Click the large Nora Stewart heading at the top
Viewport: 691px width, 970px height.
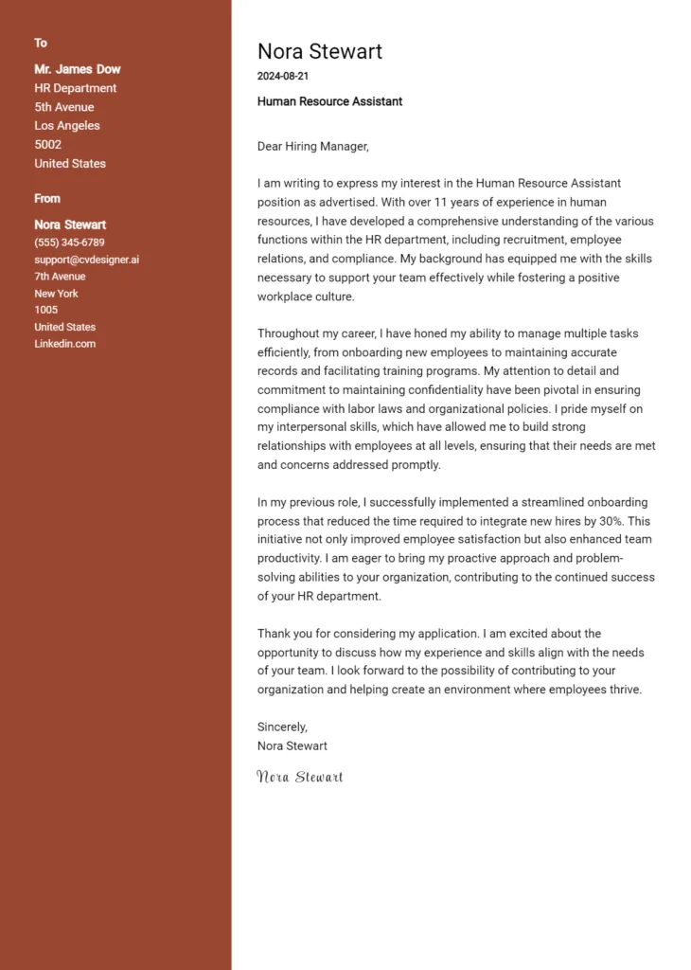click(x=320, y=51)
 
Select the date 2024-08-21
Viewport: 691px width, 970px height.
click(x=283, y=76)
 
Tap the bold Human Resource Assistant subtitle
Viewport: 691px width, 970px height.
click(x=329, y=101)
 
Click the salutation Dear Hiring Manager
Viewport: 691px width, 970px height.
click(x=312, y=146)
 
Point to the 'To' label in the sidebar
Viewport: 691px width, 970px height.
click(x=41, y=43)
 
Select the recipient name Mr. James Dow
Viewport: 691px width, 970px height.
click(x=78, y=69)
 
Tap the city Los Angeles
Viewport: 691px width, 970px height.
click(x=67, y=126)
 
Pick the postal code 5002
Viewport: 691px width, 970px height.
click(x=48, y=145)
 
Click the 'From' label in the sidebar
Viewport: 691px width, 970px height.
click(x=47, y=198)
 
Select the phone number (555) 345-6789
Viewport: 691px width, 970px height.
click(x=69, y=242)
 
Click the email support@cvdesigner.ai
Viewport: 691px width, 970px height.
click(x=87, y=260)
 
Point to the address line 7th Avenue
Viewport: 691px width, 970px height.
click(x=60, y=277)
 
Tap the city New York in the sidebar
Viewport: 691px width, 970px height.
click(x=57, y=294)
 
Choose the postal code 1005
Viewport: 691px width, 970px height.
click(x=46, y=310)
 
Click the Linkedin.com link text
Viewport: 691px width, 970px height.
click(x=65, y=344)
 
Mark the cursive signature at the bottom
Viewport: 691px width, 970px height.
click(x=300, y=777)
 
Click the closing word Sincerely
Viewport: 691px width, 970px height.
click(x=282, y=727)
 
